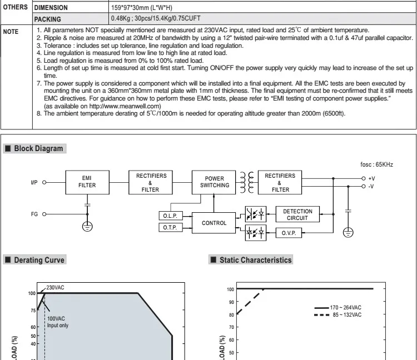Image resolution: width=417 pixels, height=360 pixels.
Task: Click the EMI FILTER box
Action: coord(87,182)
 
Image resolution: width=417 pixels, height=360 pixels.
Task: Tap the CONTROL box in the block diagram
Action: coord(214,223)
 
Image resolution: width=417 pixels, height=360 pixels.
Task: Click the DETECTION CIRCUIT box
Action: coord(297,214)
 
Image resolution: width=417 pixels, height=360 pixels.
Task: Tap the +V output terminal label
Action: coord(371,178)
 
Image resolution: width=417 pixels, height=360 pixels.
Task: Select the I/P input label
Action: coord(34,182)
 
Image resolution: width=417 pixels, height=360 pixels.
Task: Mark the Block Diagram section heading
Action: coord(38,148)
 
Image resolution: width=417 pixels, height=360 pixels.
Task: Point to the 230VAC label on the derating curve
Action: coord(56,287)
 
